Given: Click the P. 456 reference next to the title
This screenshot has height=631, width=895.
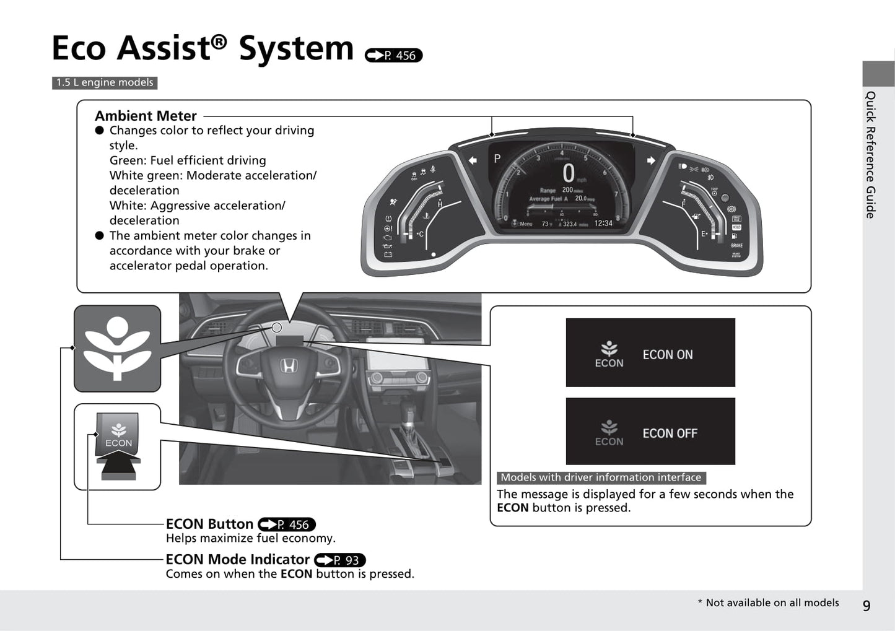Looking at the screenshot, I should pos(394,56).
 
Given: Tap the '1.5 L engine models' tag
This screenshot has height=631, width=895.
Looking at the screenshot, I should pos(105,83).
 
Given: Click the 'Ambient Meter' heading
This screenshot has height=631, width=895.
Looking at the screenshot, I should pos(146,116).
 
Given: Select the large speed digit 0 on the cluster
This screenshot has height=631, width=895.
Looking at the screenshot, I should pos(568,173).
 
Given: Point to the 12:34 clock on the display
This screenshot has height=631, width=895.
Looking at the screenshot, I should pos(603,224).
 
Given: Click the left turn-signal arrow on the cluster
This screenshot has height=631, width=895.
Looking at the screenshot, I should pos(473,160).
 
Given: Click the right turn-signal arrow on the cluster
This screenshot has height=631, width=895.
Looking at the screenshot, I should pos(651,160).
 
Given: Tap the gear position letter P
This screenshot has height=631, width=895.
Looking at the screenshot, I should pos(497,159).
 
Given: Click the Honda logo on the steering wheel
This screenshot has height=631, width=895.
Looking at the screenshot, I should pos(288,366).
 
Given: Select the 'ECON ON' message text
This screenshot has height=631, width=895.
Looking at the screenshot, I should pos(667,355).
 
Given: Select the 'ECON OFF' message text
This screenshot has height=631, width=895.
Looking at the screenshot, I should pos(670,433).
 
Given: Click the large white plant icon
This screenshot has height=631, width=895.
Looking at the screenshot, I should pos(117,348).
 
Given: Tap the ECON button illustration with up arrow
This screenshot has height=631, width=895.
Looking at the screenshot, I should pos(118,446).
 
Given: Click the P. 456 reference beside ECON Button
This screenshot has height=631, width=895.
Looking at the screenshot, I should pos(287,524).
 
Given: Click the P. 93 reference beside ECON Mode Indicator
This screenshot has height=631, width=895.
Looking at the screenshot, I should pos(340,560).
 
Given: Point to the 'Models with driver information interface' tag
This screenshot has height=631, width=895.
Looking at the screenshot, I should pos(601,477).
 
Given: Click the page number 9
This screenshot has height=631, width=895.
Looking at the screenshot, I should pos(867,605).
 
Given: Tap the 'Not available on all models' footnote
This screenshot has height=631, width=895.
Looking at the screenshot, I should pos(768,603).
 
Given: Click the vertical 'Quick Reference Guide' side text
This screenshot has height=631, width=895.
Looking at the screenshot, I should pos(871,155).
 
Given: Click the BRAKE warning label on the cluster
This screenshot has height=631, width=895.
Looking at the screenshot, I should pos(736,246).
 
